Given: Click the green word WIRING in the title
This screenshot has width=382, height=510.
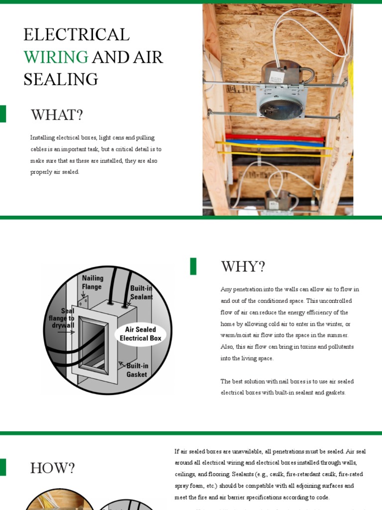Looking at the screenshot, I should pos(56,57).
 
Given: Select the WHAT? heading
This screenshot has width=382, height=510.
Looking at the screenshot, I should pos(57,115).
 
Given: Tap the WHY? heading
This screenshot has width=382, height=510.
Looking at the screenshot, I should pos(243,266).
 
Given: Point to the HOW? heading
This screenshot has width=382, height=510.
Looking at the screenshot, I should pos(52,468).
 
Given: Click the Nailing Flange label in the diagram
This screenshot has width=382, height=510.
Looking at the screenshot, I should pos(93,282).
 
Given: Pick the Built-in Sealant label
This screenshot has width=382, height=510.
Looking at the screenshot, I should pos(141,292).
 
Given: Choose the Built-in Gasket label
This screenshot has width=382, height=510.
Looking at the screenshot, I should pos(137,370).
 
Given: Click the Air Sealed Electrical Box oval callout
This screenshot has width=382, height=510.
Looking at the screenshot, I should pos(140,334).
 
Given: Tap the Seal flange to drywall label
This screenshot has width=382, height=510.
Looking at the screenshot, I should pos(62,318).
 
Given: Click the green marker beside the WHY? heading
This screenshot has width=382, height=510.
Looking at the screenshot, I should pos(193,266).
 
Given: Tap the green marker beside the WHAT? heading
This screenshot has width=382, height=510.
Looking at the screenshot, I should pos(3,114).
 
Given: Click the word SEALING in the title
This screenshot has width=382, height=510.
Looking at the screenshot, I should pos(61,79).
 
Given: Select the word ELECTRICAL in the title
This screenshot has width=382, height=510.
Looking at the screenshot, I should pos(77,34).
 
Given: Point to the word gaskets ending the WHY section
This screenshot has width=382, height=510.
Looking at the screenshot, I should pos(334,392).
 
